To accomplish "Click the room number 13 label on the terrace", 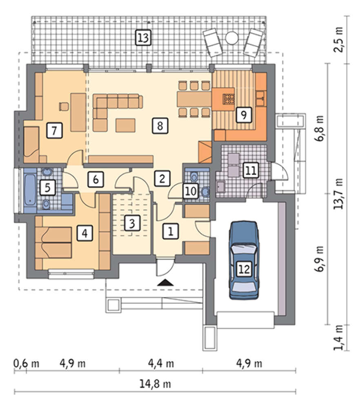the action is pyautogui.click(x=143, y=38).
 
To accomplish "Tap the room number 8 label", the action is pyautogui.click(x=160, y=126).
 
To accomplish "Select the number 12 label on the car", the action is pyautogui.click(x=244, y=269).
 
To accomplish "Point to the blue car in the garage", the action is pyautogui.click(x=244, y=260).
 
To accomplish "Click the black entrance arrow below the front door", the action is pyautogui.click(x=165, y=282).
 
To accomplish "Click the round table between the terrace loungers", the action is pyautogui.click(x=231, y=38).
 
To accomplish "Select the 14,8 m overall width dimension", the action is pyautogui.click(x=155, y=384).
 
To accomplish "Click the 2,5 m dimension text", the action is pyautogui.click(x=339, y=40).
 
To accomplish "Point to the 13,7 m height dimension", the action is pyautogui.click(x=339, y=194).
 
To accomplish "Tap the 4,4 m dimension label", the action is pyautogui.click(x=161, y=363).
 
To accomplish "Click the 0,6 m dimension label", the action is pyautogui.click(x=26, y=364).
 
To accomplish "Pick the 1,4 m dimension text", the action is pyautogui.click(x=339, y=337).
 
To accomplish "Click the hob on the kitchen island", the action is pyautogui.click(x=228, y=99).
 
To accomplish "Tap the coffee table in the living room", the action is pyautogui.click(x=125, y=125).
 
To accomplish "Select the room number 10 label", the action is pyautogui.click(x=191, y=191).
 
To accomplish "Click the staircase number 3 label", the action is pyautogui.click(x=132, y=223).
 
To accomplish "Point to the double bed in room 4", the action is pyautogui.click(x=57, y=242).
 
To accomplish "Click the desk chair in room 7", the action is pyautogui.click(x=64, y=106).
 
